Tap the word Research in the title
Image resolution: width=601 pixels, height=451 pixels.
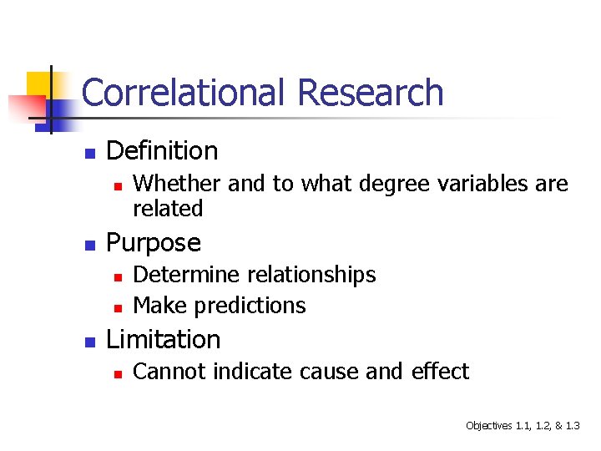[x=370, y=93]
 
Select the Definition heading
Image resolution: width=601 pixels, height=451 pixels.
[x=162, y=151]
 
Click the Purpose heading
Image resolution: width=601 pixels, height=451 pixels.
[x=154, y=243]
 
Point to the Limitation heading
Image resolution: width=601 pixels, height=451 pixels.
[x=164, y=340]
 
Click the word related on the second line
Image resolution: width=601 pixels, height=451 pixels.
[x=168, y=209]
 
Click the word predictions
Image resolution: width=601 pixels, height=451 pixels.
[x=250, y=306]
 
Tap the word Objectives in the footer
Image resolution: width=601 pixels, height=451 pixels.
[x=488, y=426]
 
